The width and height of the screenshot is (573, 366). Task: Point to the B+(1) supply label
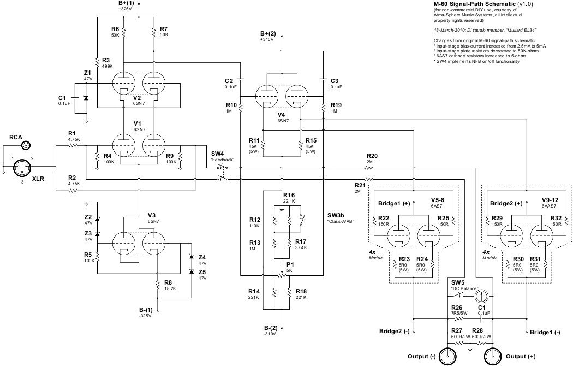tap(125, 3)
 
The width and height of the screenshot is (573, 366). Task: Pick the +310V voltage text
tap(266, 40)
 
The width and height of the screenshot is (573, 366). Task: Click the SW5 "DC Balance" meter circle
tap(481, 296)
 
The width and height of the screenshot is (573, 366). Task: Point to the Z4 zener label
tap(201, 257)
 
